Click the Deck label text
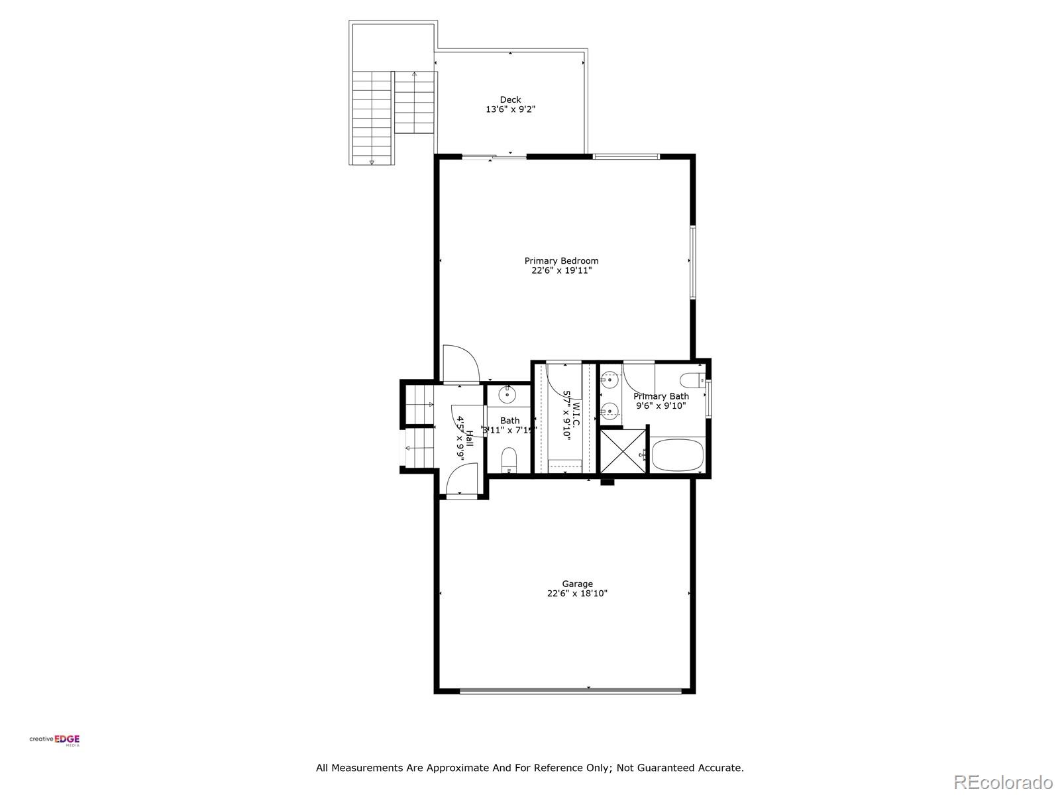510,99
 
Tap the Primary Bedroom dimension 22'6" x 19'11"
561,270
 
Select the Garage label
577,584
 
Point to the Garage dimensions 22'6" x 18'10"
577,594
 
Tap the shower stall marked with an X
623,451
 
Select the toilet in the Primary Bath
694,380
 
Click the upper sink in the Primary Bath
609,380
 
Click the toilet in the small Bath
509,459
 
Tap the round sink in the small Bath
507,395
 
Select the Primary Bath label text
661,396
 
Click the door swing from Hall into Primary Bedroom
462,364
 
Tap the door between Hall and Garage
462,480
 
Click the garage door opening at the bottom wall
570,691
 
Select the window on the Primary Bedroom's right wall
693,262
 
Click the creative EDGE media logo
54,740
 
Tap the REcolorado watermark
1003,781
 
